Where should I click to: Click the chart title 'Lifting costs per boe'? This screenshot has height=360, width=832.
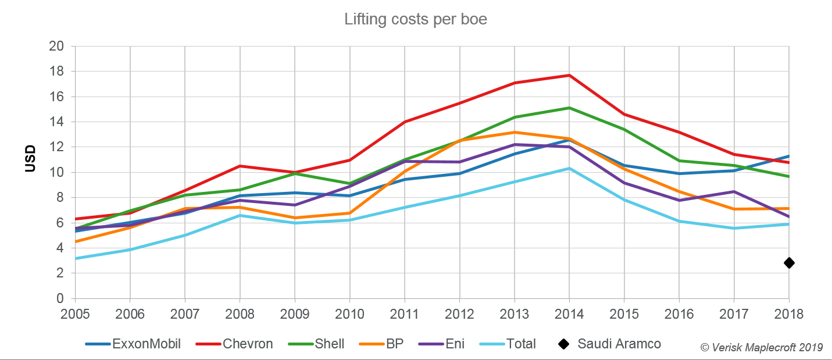pyautogui.click(x=415, y=19)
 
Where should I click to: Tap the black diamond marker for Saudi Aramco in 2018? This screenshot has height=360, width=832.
pyautogui.click(x=789, y=263)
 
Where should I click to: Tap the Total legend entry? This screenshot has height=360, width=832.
pyautogui.click(x=512, y=344)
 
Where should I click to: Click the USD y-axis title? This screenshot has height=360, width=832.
pyautogui.click(x=30, y=159)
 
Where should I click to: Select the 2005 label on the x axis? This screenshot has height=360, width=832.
pyautogui.click(x=76, y=314)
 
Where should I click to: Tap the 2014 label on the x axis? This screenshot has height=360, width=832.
pyautogui.click(x=569, y=314)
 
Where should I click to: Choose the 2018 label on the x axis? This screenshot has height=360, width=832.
pyautogui.click(x=789, y=314)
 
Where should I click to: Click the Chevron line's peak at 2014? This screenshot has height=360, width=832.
pyautogui.click(x=569, y=75)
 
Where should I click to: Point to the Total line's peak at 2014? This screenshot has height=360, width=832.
pyautogui.click(x=569, y=168)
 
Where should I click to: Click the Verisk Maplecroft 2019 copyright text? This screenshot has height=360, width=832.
pyautogui.click(x=762, y=347)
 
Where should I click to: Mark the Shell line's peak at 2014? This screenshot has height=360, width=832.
pyautogui.click(x=569, y=108)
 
